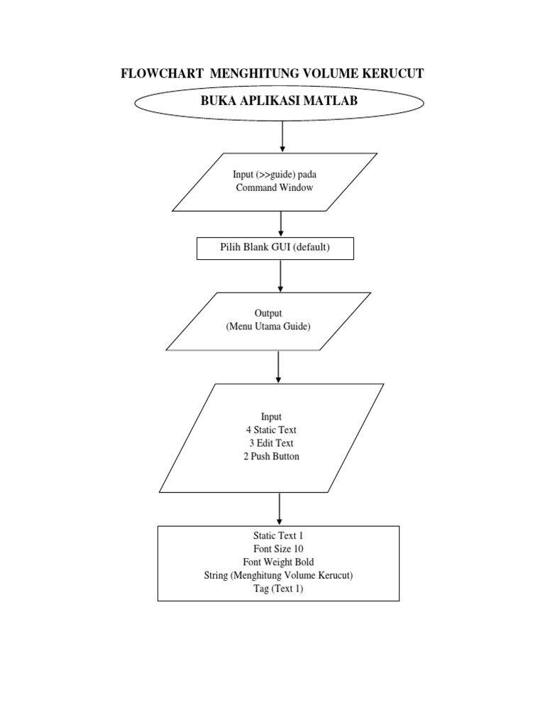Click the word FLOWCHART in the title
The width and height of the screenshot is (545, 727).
coord(163,73)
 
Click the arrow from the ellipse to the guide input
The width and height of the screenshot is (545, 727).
coord(282,137)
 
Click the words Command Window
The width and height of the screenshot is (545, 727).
coord(275,187)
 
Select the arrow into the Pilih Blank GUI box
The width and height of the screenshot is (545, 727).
coord(280,224)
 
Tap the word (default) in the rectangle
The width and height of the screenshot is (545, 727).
coord(312,247)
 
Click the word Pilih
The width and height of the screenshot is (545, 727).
coord(231,246)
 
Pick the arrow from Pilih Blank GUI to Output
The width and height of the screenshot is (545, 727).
coord(280,276)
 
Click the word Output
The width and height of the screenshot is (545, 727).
coord(268,313)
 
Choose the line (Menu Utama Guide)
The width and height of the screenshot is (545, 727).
coord(268,327)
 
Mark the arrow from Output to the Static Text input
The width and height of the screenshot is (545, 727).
coord(278,367)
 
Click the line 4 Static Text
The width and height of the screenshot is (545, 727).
coord(271,430)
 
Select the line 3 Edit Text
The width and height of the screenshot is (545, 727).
coord(271,443)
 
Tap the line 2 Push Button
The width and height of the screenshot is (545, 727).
coord(271,457)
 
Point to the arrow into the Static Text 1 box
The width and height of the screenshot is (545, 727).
coord(279,509)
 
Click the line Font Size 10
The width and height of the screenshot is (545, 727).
coord(278,549)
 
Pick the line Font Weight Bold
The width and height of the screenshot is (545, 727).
coord(278,562)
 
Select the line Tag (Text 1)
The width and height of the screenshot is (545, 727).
coord(278,589)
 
